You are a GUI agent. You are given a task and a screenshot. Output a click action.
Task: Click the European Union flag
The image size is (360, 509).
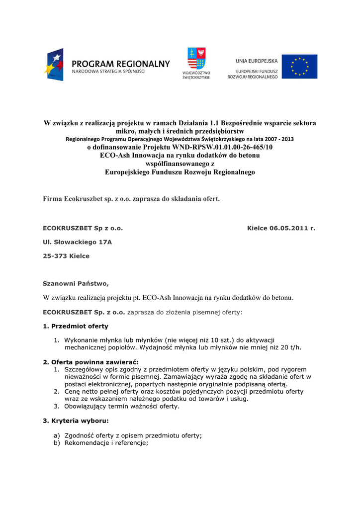click(299, 67)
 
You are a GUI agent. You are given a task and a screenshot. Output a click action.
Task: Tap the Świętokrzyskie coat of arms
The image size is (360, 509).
click(196, 59)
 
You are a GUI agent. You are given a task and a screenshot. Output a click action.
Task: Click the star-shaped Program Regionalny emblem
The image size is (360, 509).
click(54, 64)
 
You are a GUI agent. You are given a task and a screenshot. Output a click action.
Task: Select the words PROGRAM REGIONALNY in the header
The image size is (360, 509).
click(121, 64)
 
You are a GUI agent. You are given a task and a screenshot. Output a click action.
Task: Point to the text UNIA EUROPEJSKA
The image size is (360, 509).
click(257, 61)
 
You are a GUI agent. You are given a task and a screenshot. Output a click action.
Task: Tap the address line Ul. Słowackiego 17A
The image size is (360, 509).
click(78, 242)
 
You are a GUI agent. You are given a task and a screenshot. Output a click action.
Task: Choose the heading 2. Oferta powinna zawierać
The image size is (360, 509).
click(91, 362)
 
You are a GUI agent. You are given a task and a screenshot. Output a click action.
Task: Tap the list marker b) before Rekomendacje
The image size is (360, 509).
click(57, 443)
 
